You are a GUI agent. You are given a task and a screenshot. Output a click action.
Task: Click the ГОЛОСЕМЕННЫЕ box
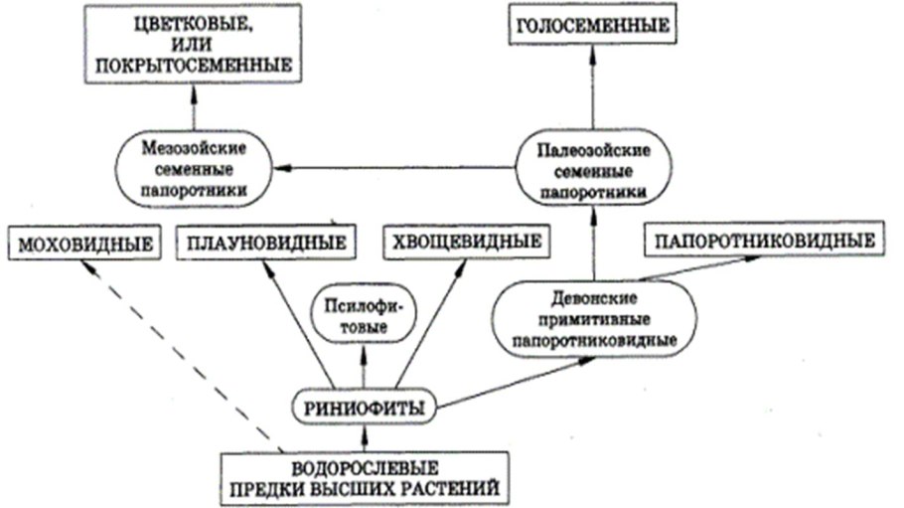[x=592, y=25]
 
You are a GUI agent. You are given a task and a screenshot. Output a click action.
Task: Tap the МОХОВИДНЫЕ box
[x=84, y=244]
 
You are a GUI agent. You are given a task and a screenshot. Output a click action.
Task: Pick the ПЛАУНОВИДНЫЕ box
[x=265, y=243]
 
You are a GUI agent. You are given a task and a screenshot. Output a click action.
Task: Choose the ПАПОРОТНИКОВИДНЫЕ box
[x=764, y=240]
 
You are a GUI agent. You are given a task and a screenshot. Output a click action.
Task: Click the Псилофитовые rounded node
[x=362, y=314]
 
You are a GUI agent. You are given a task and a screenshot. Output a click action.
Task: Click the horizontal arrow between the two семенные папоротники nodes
[x=397, y=168]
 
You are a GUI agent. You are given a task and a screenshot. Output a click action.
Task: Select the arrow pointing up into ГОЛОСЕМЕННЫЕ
[x=593, y=89]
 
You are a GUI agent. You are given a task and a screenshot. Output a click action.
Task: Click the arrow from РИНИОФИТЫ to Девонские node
[x=517, y=382]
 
